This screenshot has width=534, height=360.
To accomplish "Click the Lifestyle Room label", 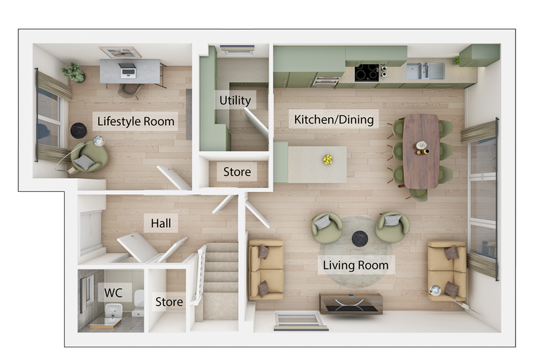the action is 136,122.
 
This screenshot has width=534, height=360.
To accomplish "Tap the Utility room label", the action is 235,101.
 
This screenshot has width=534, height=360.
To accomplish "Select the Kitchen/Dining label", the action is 334,120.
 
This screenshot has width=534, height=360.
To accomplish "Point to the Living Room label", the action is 356,265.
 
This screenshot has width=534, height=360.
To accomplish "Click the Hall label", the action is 161,224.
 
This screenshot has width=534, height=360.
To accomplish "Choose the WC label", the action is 113,292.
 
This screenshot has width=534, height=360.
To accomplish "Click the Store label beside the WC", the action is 169,302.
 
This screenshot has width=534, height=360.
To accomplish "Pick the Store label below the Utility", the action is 237,172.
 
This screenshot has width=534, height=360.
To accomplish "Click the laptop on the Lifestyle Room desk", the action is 128,70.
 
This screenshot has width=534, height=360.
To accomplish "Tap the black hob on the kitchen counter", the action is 367,73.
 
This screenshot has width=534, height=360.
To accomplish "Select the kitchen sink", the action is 425,71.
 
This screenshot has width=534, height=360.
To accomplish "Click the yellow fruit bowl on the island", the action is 327,160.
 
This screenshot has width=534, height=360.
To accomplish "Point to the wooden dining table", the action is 421,151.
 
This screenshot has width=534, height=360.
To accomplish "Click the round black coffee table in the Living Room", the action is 360,238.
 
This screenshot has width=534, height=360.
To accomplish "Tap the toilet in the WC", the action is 138,304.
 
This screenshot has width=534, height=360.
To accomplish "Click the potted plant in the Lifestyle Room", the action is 73,72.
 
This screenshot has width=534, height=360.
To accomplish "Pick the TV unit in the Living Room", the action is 351,304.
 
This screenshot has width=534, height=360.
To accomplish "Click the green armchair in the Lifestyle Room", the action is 89,157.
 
